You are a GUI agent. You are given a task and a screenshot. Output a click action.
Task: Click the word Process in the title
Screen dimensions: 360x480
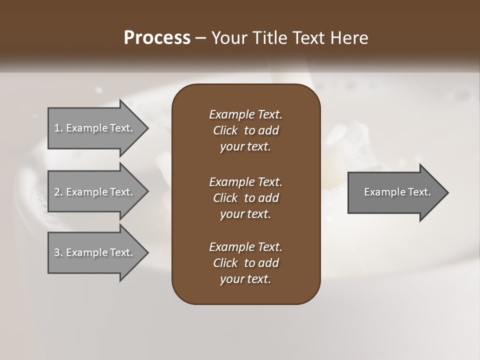pos(157,38)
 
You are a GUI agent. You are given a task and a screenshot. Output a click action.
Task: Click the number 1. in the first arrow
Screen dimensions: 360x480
pos(58,128)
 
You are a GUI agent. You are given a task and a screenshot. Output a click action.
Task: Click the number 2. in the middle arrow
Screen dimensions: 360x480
pos(58,192)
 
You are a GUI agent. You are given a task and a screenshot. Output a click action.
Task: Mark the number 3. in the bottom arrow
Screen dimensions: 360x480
pos(58,252)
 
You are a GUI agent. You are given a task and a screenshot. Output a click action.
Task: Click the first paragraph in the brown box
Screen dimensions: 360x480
pos(245,130)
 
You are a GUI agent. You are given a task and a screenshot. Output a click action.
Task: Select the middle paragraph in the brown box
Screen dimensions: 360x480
pos(245,197)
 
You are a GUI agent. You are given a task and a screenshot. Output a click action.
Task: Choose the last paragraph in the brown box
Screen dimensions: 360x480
pos(245,263)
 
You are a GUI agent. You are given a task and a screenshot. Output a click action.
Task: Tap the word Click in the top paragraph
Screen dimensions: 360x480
pos(225,130)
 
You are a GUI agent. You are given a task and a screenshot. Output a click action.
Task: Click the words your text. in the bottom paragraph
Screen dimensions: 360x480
pos(245,279)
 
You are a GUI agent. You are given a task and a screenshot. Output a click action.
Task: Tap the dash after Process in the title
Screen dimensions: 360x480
pos(200,38)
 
